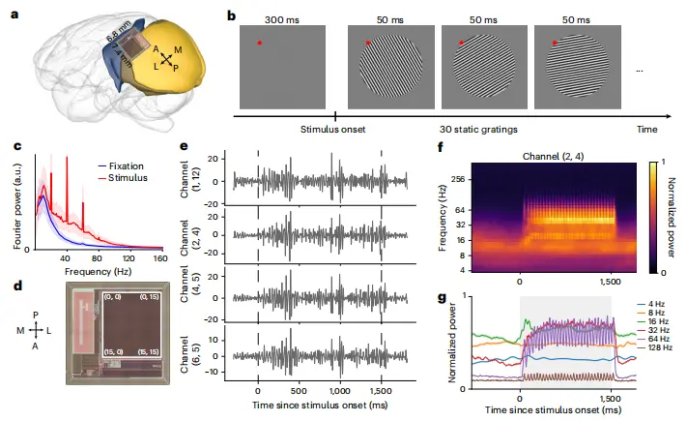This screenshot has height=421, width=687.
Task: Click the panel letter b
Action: [x=231, y=16]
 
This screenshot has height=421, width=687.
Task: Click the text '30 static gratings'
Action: [x=473, y=128]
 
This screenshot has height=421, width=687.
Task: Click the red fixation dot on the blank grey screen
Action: [x=259, y=43]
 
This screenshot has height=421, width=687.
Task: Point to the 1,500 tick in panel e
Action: [x=383, y=393]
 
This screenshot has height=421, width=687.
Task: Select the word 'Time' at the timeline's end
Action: [x=649, y=128]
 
